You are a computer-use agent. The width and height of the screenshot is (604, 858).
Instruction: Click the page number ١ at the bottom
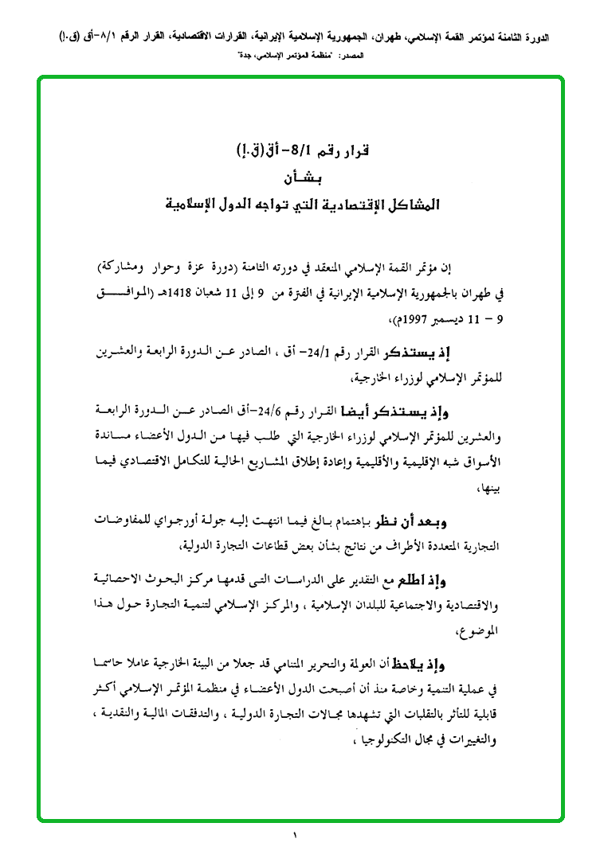[294, 836]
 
